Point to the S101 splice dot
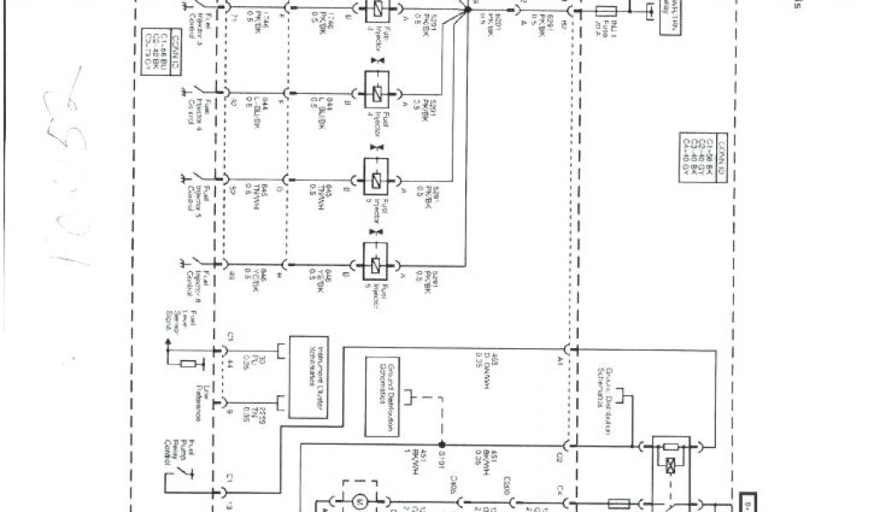click(441, 445)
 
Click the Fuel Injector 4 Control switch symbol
click(199, 89)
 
